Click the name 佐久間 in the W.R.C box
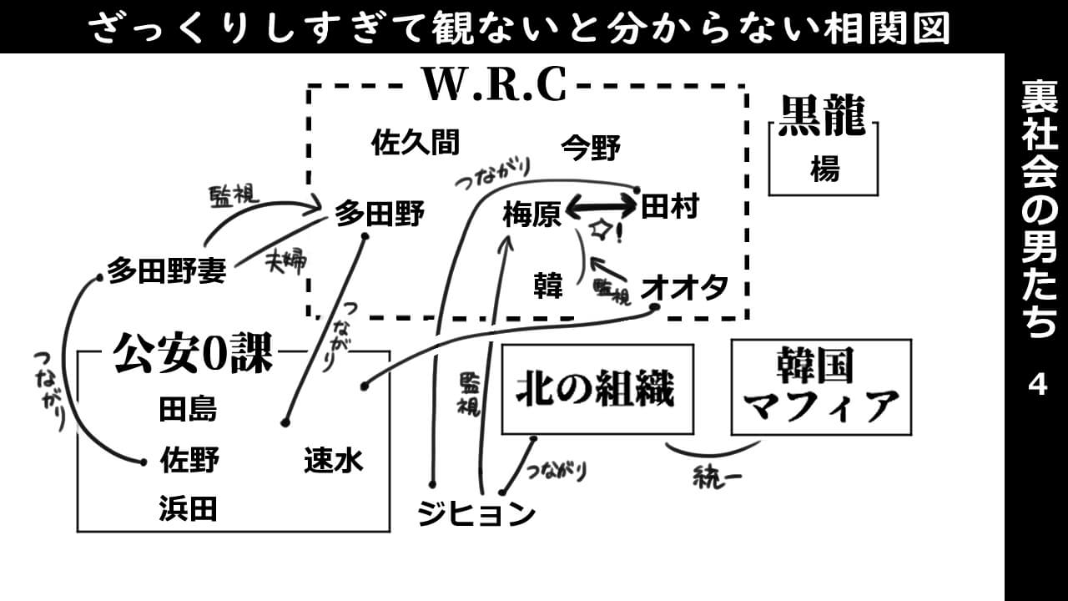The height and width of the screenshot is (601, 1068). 415,143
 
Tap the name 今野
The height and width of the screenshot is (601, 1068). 590,148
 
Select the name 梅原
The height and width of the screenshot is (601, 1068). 531,216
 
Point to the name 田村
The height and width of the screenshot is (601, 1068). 669,206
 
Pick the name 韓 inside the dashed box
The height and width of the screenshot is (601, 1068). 548,286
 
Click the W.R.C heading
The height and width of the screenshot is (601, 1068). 495,83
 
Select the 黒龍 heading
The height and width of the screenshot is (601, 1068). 823,116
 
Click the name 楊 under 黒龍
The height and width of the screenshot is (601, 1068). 824,169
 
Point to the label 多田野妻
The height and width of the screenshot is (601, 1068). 166,271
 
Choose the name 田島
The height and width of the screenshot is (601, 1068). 188,410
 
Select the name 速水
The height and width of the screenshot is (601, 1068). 334,460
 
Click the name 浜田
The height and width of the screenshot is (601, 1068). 188,508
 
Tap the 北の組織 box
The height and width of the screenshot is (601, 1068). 597,389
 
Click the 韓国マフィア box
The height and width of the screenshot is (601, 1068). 821,386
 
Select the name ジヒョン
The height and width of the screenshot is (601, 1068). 476,513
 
